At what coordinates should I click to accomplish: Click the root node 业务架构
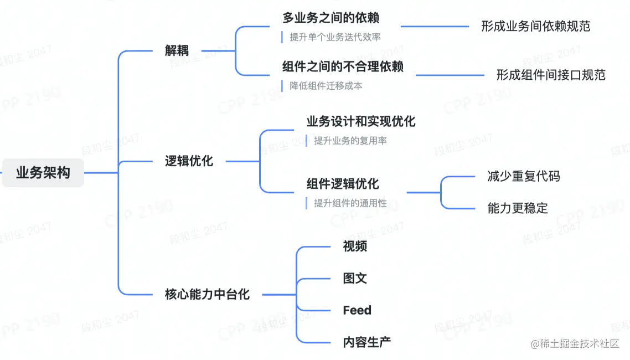pos(43,173)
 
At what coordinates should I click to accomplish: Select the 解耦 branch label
pos(177,51)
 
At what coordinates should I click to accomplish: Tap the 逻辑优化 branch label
pos(189,161)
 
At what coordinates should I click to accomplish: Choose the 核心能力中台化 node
pos(208,294)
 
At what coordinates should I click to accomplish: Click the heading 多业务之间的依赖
pos(331,18)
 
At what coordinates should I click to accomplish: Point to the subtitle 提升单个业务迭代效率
pos(335,37)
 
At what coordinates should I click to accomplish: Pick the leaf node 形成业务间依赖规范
pos(535,26)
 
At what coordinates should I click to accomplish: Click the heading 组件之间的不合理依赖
pos(343,67)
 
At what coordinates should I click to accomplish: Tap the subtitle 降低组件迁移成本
pos(326,86)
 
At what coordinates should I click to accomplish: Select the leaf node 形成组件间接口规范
pos(551,75)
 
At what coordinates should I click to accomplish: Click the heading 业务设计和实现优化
pos(361,121)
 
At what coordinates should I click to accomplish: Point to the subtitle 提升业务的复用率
pos(350,141)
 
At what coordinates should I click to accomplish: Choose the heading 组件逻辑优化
pos(343,184)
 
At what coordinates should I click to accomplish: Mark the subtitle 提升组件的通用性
pos(350,203)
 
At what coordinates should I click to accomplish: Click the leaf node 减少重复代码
pos(524,176)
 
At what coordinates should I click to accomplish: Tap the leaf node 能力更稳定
pos(518,208)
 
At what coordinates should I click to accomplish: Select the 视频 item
pos(355,246)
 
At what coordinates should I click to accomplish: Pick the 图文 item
pos(355,278)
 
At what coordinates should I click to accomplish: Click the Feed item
pos(357,310)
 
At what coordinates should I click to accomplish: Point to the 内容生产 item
pos(367,342)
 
